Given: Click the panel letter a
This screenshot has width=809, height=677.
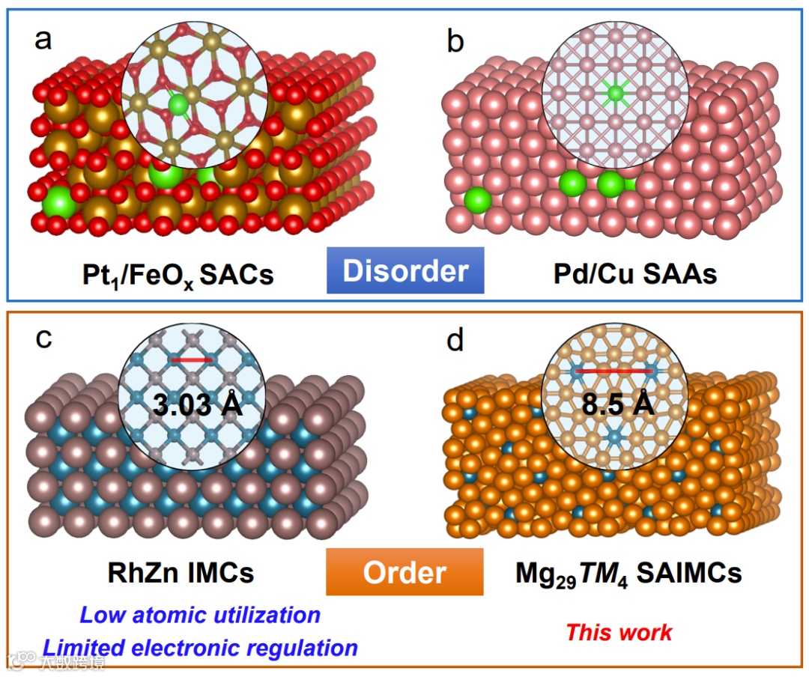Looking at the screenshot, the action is point(44,39).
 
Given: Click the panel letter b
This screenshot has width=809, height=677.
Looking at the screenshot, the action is point(455,41).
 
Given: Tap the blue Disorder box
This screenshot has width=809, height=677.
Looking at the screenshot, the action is point(405,270).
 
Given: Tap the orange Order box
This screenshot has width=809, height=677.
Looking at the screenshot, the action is point(404,572).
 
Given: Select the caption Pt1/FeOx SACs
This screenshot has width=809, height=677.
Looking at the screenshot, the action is point(178,275).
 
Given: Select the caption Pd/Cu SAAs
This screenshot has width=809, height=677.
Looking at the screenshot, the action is point(634,273).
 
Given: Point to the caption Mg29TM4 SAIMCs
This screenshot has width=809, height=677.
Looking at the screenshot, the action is point(628,574).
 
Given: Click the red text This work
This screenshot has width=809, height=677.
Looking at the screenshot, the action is point(619,631).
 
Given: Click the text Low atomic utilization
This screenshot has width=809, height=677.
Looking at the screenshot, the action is point(200,616).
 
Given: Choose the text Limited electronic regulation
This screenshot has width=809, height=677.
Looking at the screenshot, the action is point(200,647).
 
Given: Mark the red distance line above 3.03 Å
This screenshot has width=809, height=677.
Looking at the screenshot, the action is point(193,359).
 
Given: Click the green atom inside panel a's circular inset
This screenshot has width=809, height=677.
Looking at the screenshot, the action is point(178,104).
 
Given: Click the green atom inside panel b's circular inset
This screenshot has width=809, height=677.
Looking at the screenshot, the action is point(615,93).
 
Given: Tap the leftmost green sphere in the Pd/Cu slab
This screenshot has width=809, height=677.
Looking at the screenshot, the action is point(478,201).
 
